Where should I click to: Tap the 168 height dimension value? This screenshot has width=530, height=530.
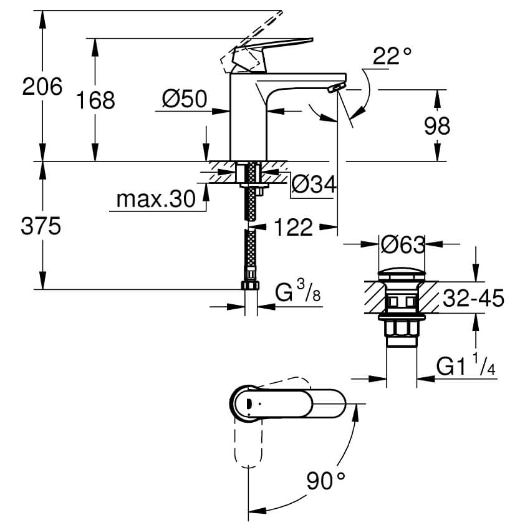[95, 100]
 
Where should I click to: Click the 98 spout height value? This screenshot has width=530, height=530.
[436, 126]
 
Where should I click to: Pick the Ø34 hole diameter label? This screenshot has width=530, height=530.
[314, 184]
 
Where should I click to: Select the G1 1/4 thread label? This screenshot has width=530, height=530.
[465, 367]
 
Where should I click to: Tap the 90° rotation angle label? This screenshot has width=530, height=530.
[325, 481]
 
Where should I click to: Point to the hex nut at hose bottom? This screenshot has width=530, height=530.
[250, 285]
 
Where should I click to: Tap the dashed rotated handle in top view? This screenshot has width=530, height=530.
[248, 446]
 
